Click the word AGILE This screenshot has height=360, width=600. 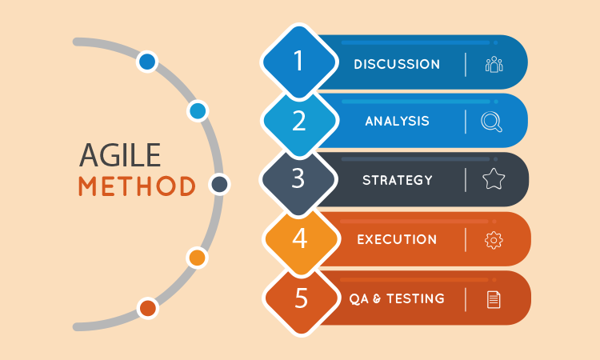[x=120, y=154]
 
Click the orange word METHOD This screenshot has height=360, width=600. [x=137, y=185]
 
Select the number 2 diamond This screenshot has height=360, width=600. [x=299, y=121]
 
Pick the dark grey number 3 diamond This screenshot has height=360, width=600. [x=298, y=179]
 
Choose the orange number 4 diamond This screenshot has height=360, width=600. [x=299, y=238]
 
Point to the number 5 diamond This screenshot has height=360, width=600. [x=299, y=298]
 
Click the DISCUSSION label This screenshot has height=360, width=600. [x=397, y=64]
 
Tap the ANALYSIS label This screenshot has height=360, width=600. [x=397, y=122]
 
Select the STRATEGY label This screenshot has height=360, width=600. [x=397, y=180]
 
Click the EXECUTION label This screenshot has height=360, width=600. [x=397, y=239]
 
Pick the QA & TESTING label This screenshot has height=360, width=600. [x=397, y=298]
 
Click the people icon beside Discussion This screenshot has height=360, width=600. [x=494, y=65]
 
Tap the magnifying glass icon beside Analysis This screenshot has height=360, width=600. [x=491, y=122]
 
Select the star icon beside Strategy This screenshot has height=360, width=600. [x=494, y=180]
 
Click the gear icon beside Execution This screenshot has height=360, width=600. [x=494, y=239]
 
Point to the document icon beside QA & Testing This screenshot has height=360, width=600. [x=494, y=299]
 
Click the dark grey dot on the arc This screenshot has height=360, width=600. [x=219, y=185]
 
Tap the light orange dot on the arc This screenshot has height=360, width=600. [x=197, y=258]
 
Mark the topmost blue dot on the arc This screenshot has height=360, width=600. [x=147, y=61]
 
